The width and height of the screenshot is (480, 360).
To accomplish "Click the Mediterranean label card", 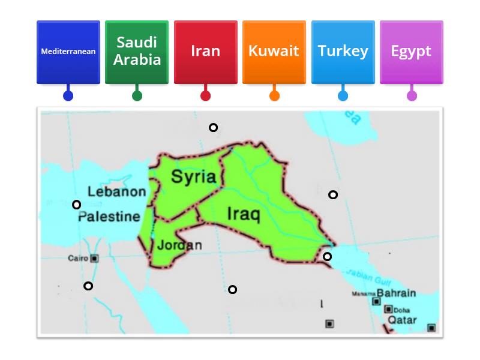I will pos(68,52).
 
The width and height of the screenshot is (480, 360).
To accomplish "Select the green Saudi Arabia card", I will pos(137,52).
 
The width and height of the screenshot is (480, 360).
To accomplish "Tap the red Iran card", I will pos(205,52).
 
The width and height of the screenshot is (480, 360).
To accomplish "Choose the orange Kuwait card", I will pos(274,52).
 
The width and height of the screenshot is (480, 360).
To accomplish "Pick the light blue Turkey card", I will pos(343,52).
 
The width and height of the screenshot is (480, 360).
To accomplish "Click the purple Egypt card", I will pos(411,52).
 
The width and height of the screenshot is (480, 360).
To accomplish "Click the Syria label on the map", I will pos(193,176).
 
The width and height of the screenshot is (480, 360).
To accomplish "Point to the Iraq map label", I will pos(244,215).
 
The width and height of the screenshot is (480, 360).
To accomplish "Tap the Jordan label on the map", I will pos(179,245).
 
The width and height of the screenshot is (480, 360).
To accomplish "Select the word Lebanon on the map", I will pos(117,192).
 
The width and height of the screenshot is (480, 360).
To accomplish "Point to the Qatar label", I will pos(401,320).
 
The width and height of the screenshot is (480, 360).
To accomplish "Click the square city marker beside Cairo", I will pos(94,259).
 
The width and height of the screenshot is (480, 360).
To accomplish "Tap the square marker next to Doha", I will pos(388,310).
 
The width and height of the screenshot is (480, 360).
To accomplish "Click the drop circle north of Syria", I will pos(213,127).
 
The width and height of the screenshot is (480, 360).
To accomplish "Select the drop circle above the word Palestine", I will pos(76,205).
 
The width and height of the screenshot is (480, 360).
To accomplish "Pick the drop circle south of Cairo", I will pos(88,286).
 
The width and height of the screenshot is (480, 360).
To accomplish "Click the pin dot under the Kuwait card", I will pos(274,95).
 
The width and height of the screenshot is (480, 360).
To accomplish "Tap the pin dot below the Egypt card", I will pos(412,95).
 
